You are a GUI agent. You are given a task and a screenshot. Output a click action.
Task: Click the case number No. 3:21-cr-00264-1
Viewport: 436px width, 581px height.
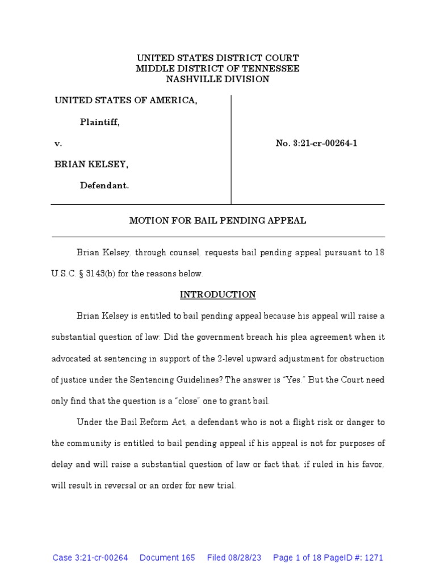coord(316,144)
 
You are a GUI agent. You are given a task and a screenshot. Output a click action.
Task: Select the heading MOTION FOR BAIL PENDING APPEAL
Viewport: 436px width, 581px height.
coord(217,221)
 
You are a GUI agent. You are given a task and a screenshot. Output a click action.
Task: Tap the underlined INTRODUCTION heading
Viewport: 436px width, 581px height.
coord(217,294)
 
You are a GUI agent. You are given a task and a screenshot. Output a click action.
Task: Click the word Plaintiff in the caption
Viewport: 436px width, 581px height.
coord(99,122)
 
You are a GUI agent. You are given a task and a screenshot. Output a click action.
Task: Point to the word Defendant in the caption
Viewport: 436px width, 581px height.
coord(104,185)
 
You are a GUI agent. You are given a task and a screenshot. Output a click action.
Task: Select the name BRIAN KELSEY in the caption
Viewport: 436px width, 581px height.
coord(91,164)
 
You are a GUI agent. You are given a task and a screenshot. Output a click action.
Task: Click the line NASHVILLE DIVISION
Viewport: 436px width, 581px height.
coord(217,79)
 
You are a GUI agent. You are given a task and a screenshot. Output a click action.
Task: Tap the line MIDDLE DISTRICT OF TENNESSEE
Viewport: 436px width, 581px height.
coord(217,69)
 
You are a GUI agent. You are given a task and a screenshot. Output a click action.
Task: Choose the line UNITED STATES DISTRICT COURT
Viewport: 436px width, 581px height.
coord(217,58)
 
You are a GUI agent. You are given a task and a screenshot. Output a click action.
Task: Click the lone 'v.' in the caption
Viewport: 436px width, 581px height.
coord(58,144)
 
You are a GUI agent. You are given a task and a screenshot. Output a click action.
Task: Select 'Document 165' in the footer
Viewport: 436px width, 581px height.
coord(167,558)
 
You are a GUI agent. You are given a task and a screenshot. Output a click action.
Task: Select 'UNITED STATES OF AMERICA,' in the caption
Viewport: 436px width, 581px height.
coord(126,100)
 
